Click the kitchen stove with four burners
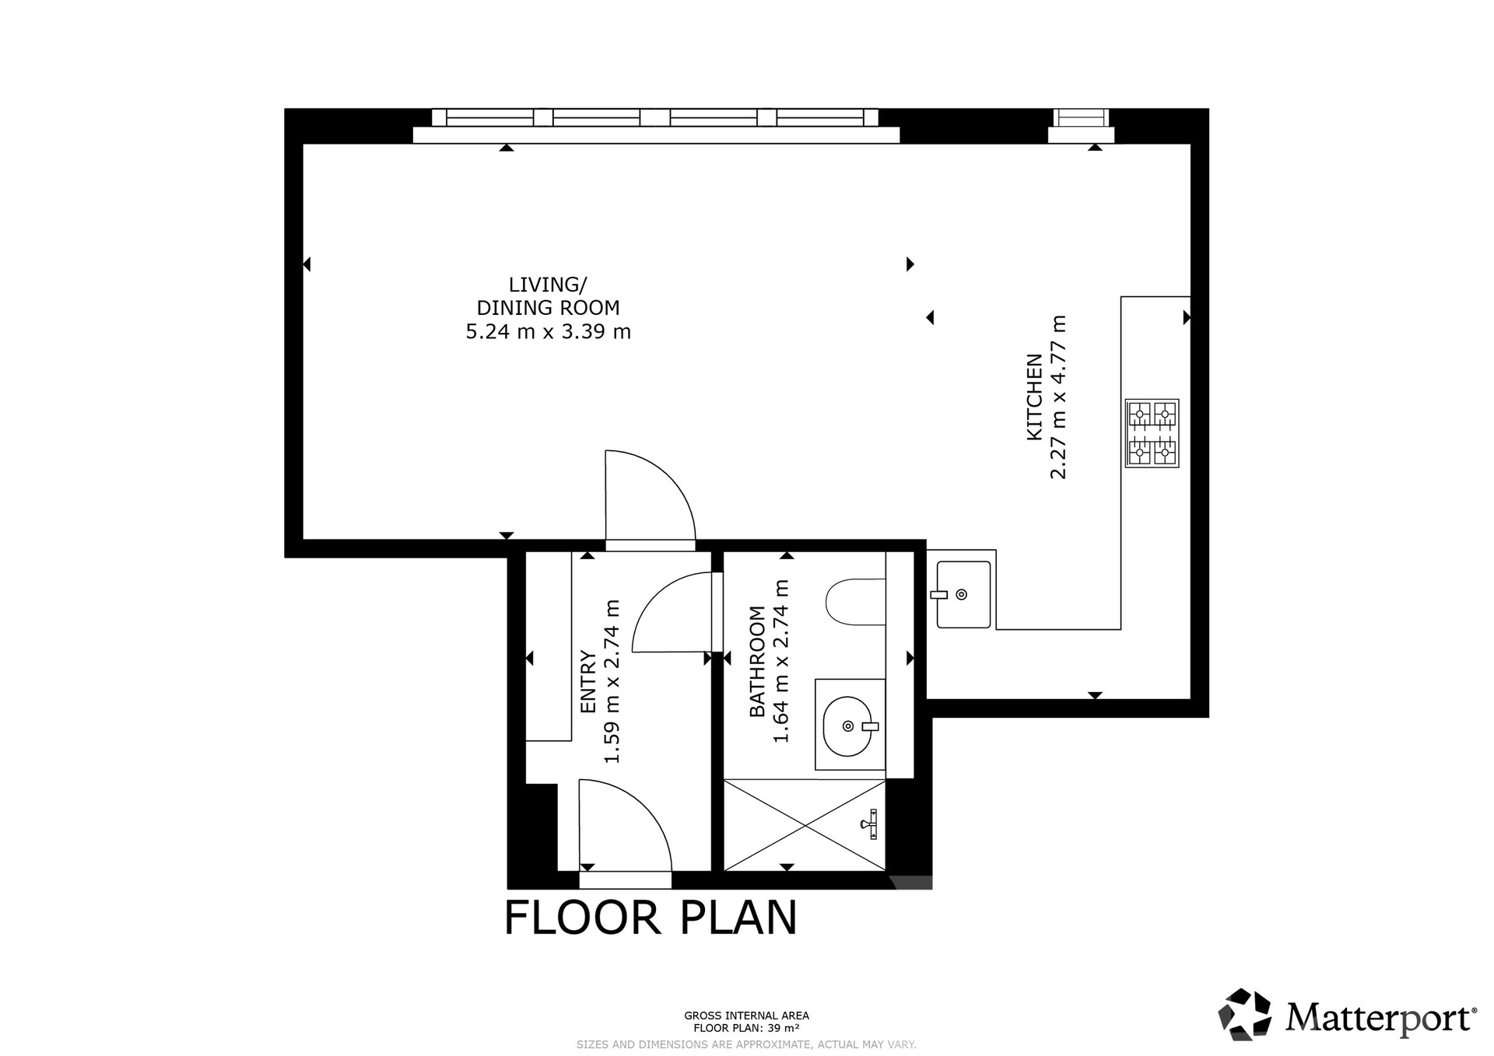pyautogui.click(x=1152, y=433)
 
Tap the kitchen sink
pyautogui.click(x=963, y=594)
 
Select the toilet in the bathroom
pyautogui.click(x=855, y=602)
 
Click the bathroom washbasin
pyautogui.click(x=850, y=726)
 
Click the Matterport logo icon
pyautogui.click(x=1244, y=1014)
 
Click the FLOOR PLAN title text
pyautogui.click(x=651, y=918)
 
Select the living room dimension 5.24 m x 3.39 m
pyautogui.click(x=549, y=332)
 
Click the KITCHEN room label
pyautogui.click(x=1034, y=397)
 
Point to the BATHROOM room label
pyautogui.click(x=756, y=662)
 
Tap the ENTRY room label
pyautogui.click(x=588, y=682)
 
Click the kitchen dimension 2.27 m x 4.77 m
pyautogui.click(x=1058, y=397)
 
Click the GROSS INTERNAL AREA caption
pyautogui.click(x=746, y=1015)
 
